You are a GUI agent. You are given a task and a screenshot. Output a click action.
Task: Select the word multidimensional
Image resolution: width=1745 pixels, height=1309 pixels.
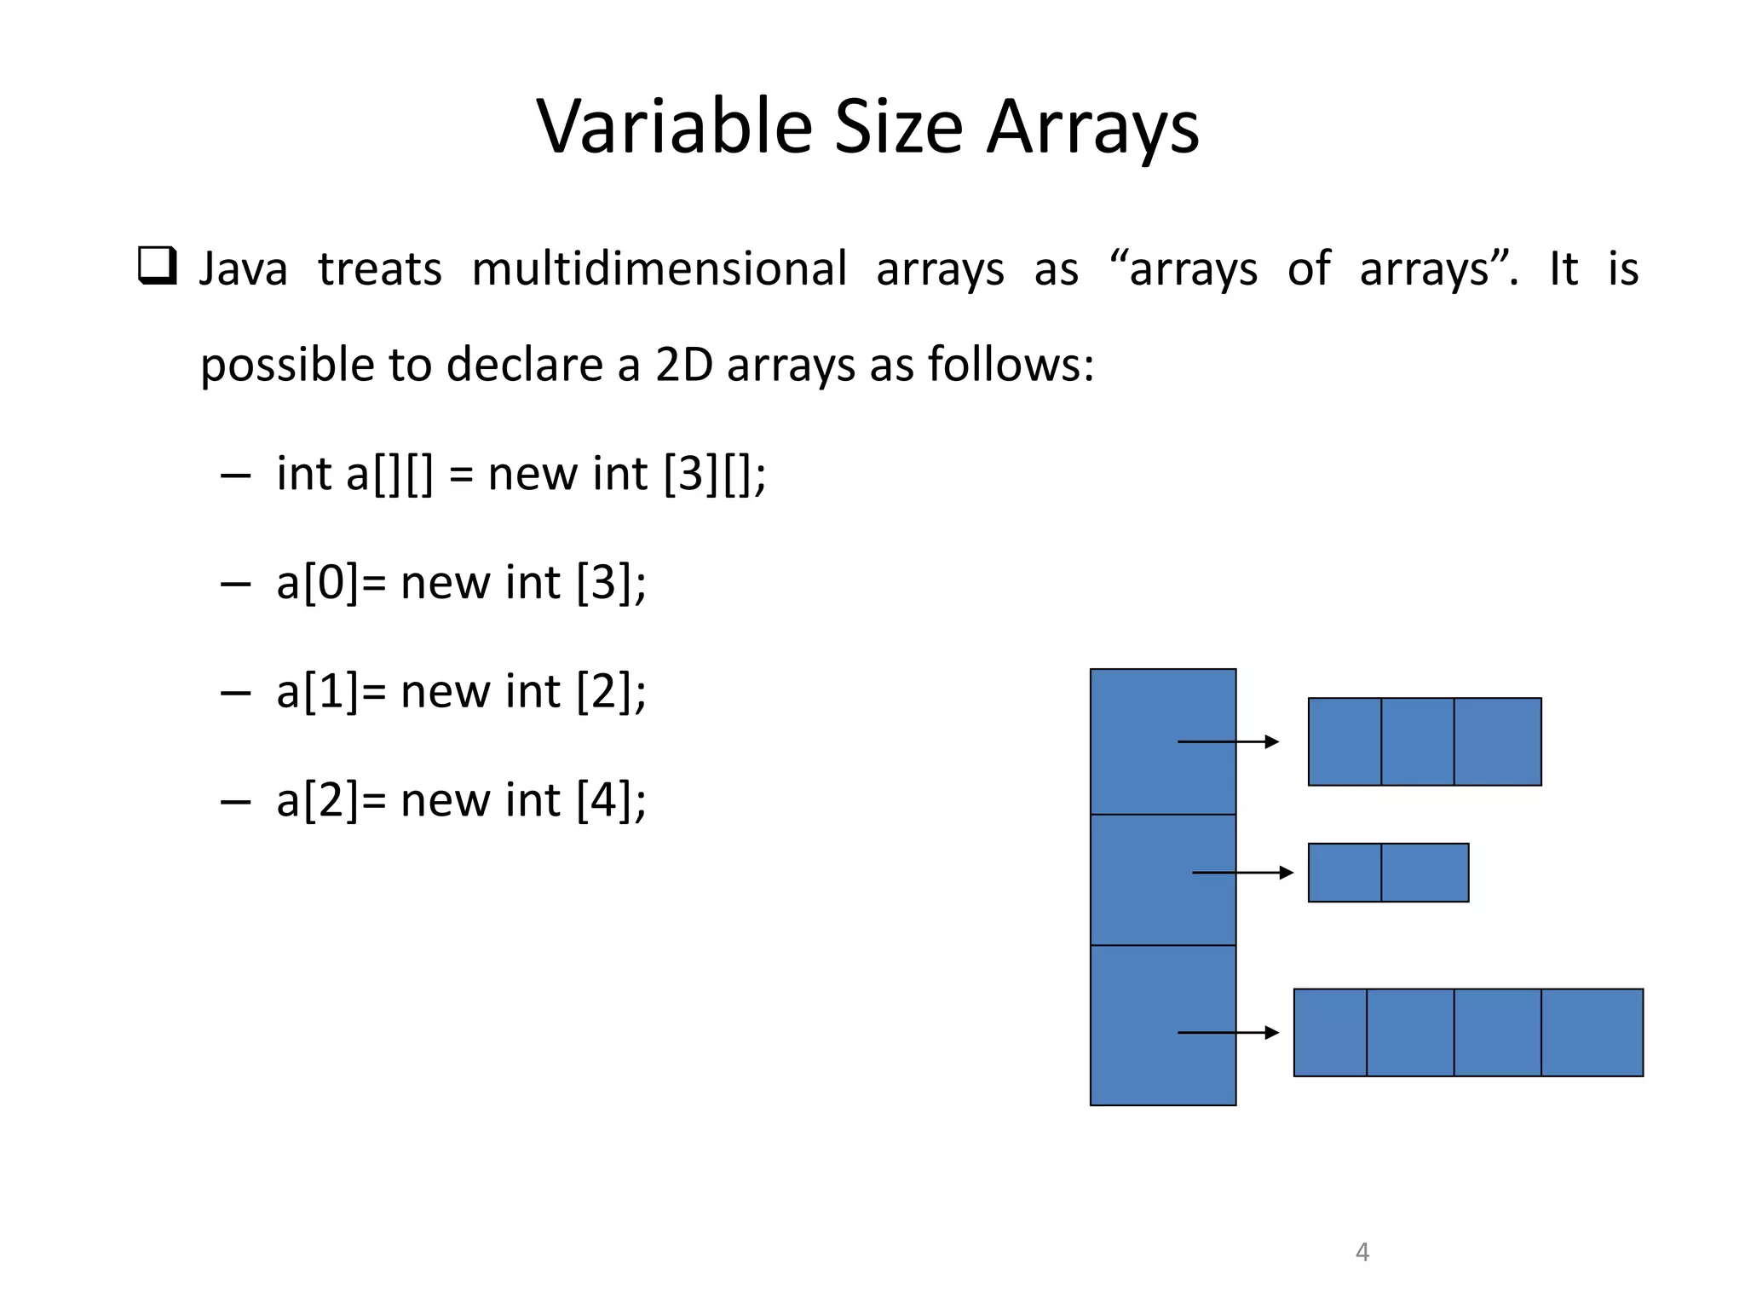[x=659, y=268]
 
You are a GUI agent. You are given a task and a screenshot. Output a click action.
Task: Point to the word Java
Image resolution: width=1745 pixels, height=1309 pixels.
[x=243, y=268]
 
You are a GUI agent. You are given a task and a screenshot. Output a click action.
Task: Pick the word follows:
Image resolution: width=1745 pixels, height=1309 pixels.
[x=1011, y=365]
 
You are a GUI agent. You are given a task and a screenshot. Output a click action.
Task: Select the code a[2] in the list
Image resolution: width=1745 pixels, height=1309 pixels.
[x=318, y=800]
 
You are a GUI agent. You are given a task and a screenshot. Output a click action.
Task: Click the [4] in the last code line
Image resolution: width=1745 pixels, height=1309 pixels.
[x=603, y=800]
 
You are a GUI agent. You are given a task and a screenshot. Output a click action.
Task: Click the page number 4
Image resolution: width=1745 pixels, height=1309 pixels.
[x=1362, y=1252]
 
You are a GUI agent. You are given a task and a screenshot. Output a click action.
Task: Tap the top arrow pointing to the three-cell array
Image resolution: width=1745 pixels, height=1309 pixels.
[x=1228, y=741]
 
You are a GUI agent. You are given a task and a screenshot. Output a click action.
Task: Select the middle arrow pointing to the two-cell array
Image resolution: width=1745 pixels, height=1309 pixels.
[x=1242, y=873]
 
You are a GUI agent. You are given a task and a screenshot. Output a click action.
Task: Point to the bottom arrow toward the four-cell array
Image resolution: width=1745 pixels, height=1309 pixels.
[x=1228, y=1033]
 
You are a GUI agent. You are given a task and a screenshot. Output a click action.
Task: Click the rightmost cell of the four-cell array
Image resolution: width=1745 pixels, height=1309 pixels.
[x=1592, y=1033]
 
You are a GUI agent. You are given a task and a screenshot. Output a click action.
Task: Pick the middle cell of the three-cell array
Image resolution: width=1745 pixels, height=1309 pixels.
[x=1417, y=741]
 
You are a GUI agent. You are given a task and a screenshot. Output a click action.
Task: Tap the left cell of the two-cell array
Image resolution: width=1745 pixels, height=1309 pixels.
[x=1345, y=873]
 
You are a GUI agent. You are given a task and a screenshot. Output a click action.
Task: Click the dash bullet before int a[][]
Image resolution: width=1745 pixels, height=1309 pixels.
[x=234, y=476]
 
